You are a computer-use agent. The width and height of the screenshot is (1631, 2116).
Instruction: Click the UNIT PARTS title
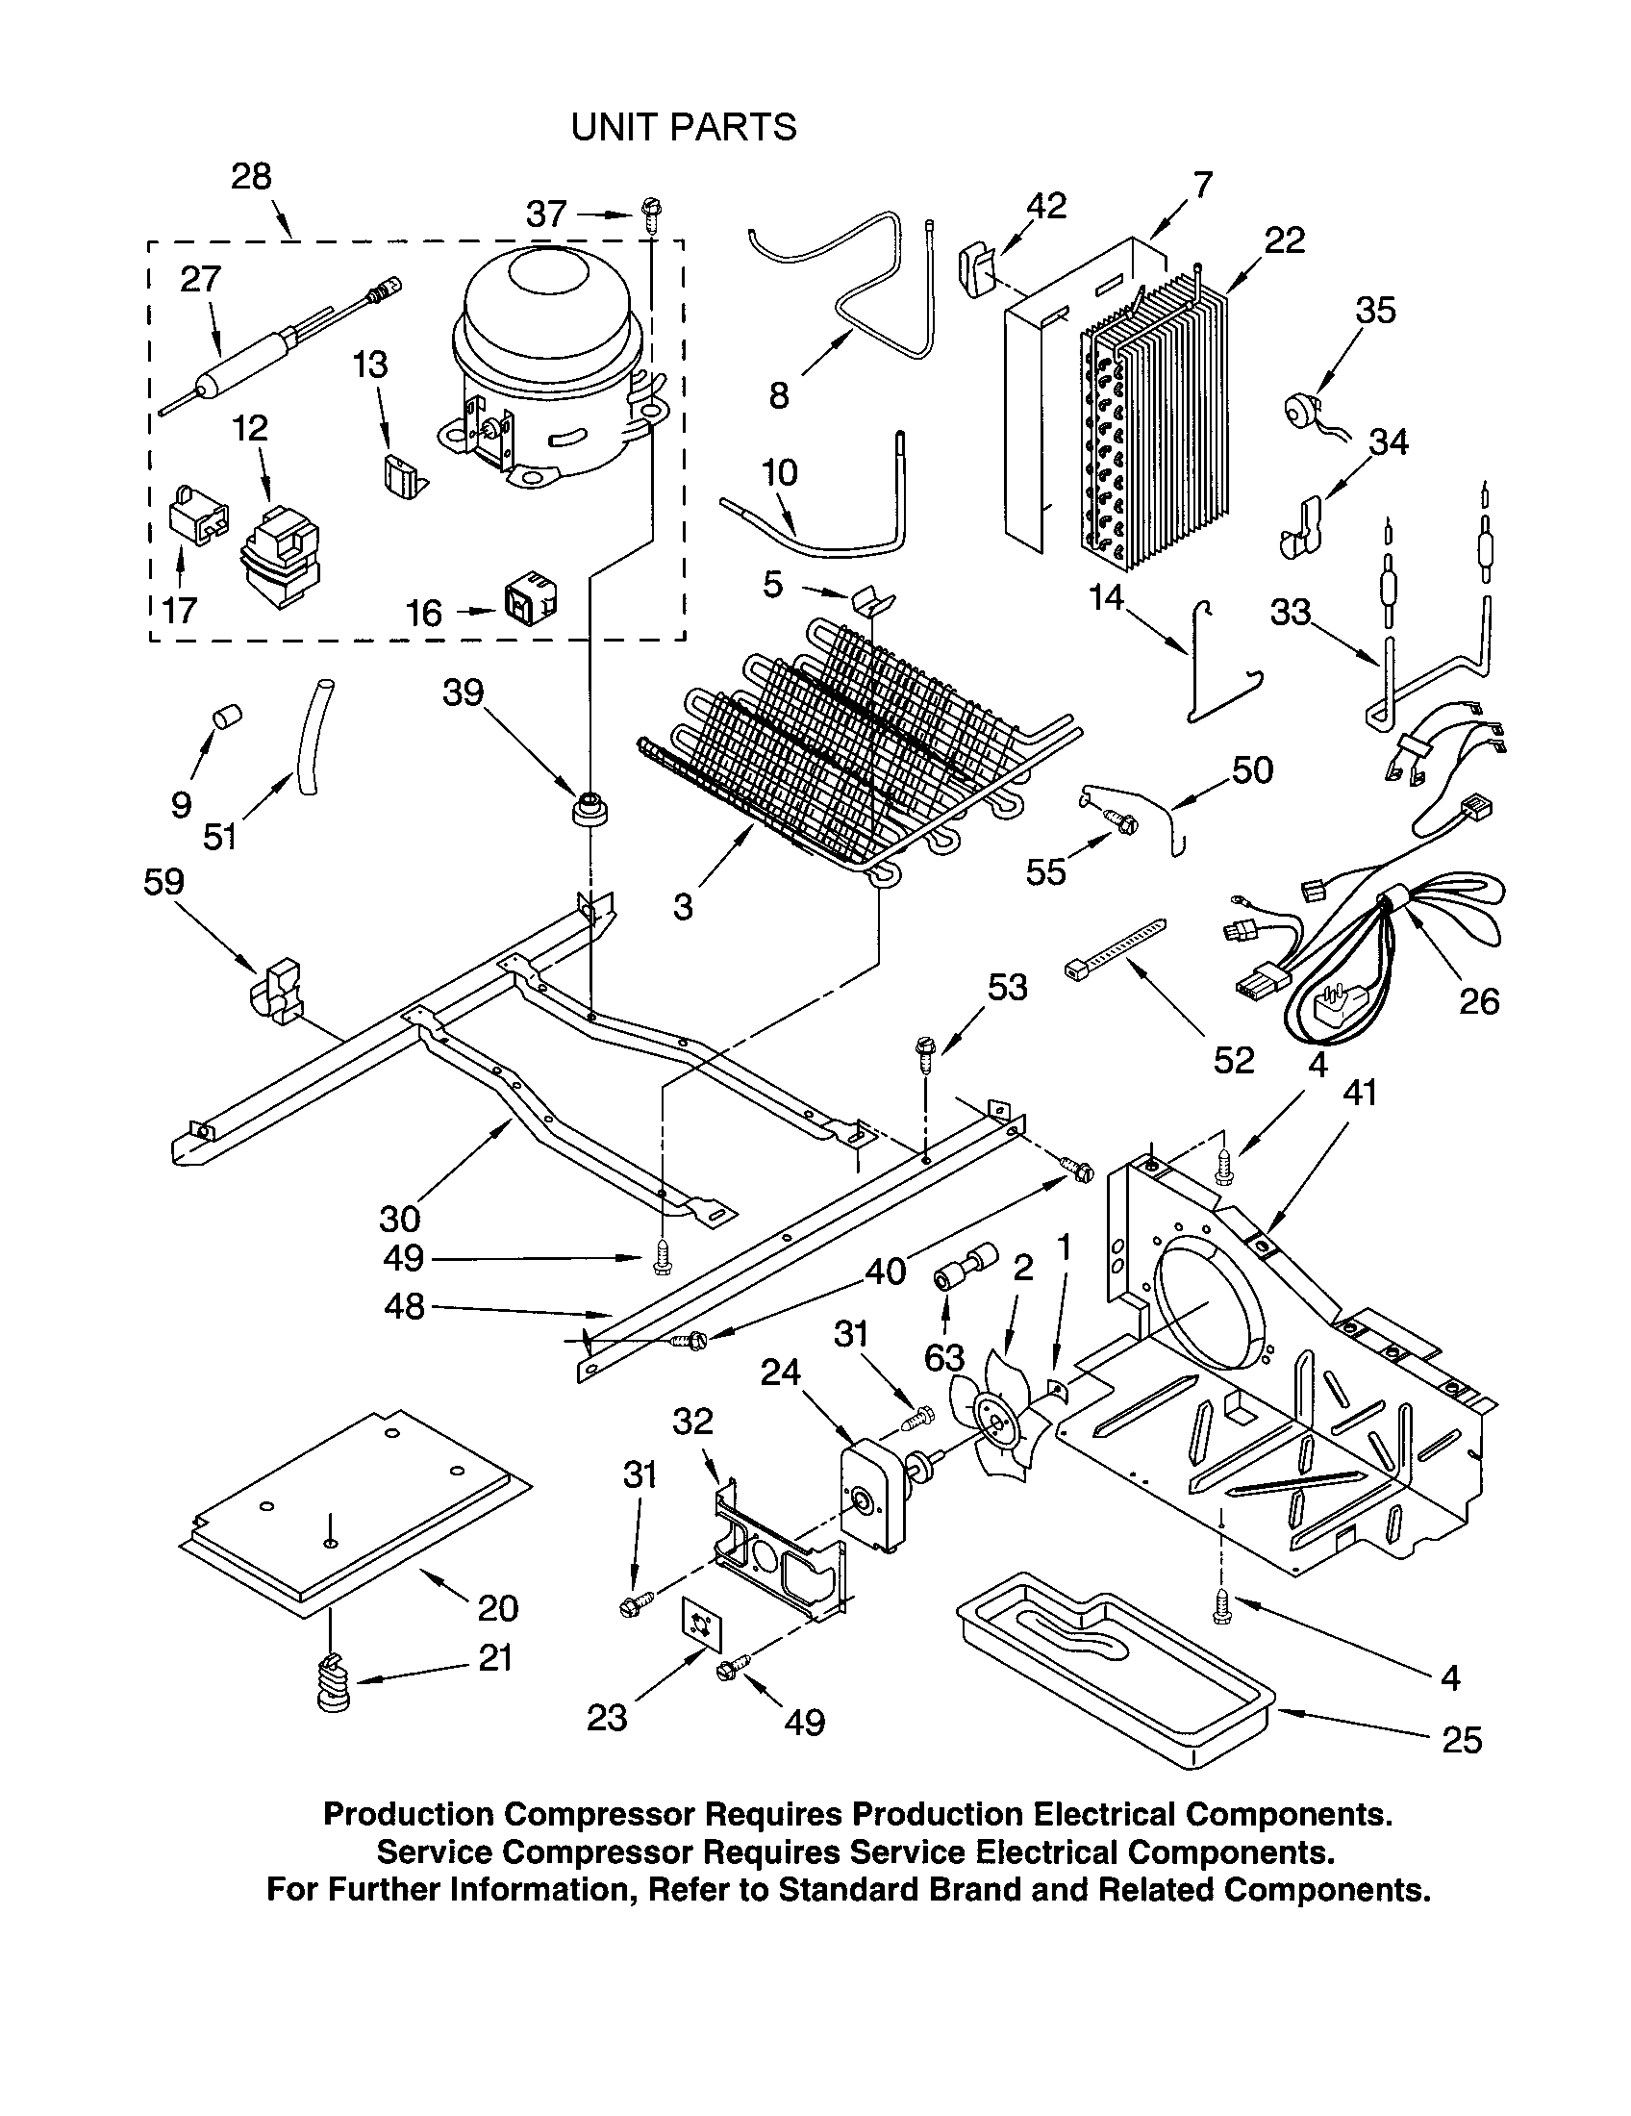(684, 127)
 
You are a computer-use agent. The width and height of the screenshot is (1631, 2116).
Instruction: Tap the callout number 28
(251, 176)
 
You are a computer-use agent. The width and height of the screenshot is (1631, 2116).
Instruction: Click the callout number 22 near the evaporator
(1284, 240)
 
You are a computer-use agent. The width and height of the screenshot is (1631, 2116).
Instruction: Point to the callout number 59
(163, 882)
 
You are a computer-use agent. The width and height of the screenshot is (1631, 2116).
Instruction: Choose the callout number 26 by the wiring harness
(1479, 1001)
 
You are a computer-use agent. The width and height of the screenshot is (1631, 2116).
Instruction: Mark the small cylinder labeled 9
(227, 718)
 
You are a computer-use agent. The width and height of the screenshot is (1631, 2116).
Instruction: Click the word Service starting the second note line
(435, 1851)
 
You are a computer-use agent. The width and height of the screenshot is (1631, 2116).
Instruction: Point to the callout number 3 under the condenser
(683, 907)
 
